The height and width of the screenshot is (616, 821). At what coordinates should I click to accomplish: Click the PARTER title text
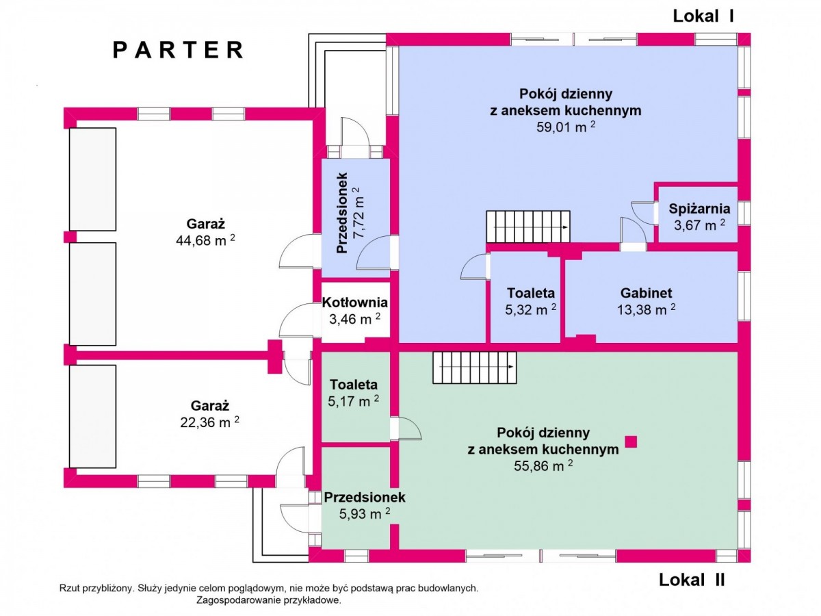point(178,50)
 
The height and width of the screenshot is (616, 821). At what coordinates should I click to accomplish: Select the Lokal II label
point(692,580)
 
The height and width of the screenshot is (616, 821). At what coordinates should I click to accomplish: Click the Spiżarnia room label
point(699,209)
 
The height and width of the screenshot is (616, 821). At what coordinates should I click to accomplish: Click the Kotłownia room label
point(355,303)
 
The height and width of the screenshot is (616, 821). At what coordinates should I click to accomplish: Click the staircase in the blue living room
point(528,227)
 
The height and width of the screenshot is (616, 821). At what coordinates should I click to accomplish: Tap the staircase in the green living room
point(475,368)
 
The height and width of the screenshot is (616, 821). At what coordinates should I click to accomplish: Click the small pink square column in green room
point(631,441)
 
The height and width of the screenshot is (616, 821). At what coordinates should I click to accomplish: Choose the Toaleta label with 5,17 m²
point(353,385)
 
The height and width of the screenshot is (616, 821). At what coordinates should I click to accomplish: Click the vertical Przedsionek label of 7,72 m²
point(343,213)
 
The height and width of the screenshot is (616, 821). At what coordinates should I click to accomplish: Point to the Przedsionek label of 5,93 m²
point(365,497)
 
